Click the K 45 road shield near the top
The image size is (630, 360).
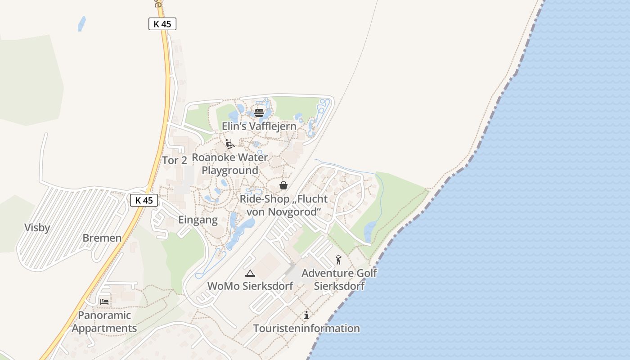pyautogui.click(x=162, y=24)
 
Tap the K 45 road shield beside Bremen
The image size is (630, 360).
pyautogui.click(x=144, y=200)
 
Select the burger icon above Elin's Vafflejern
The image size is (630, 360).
pyautogui.click(x=259, y=112)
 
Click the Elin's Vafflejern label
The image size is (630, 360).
pyautogui.click(x=259, y=126)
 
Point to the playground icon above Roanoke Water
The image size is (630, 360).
pyautogui.click(x=230, y=144)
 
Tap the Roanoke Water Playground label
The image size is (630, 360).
pyautogui.click(x=230, y=164)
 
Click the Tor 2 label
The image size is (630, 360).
pyautogui.click(x=175, y=160)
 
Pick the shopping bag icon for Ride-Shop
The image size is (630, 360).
pyautogui.click(x=283, y=185)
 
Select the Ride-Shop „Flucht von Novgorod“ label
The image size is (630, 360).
pyautogui.click(x=283, y=205)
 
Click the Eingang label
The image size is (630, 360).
pyautogui.click(x=198, y=220)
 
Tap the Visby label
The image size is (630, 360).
pyautogui.click(x=37, y=228)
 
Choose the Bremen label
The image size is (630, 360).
pyautogui.click(x=102, y=238)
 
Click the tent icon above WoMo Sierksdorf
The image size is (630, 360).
pyautogui.click(x=250, y=273)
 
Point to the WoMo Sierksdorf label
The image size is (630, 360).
pyautogui.click(x=250, y=286)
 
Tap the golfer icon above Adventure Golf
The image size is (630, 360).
pyautogui.click(x=338, y=260)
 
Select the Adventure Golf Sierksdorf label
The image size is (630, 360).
pyautogui.click(x=339, y=279)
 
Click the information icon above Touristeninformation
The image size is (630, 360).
pyautogui.click(x=306, y=315)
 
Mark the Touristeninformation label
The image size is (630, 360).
pyautogui.click(x=306, y=328)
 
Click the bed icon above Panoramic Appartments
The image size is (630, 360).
pyautogui.click(x=104, y=301)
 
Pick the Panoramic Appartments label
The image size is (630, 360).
pyautogui.click(x=104, y=321)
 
